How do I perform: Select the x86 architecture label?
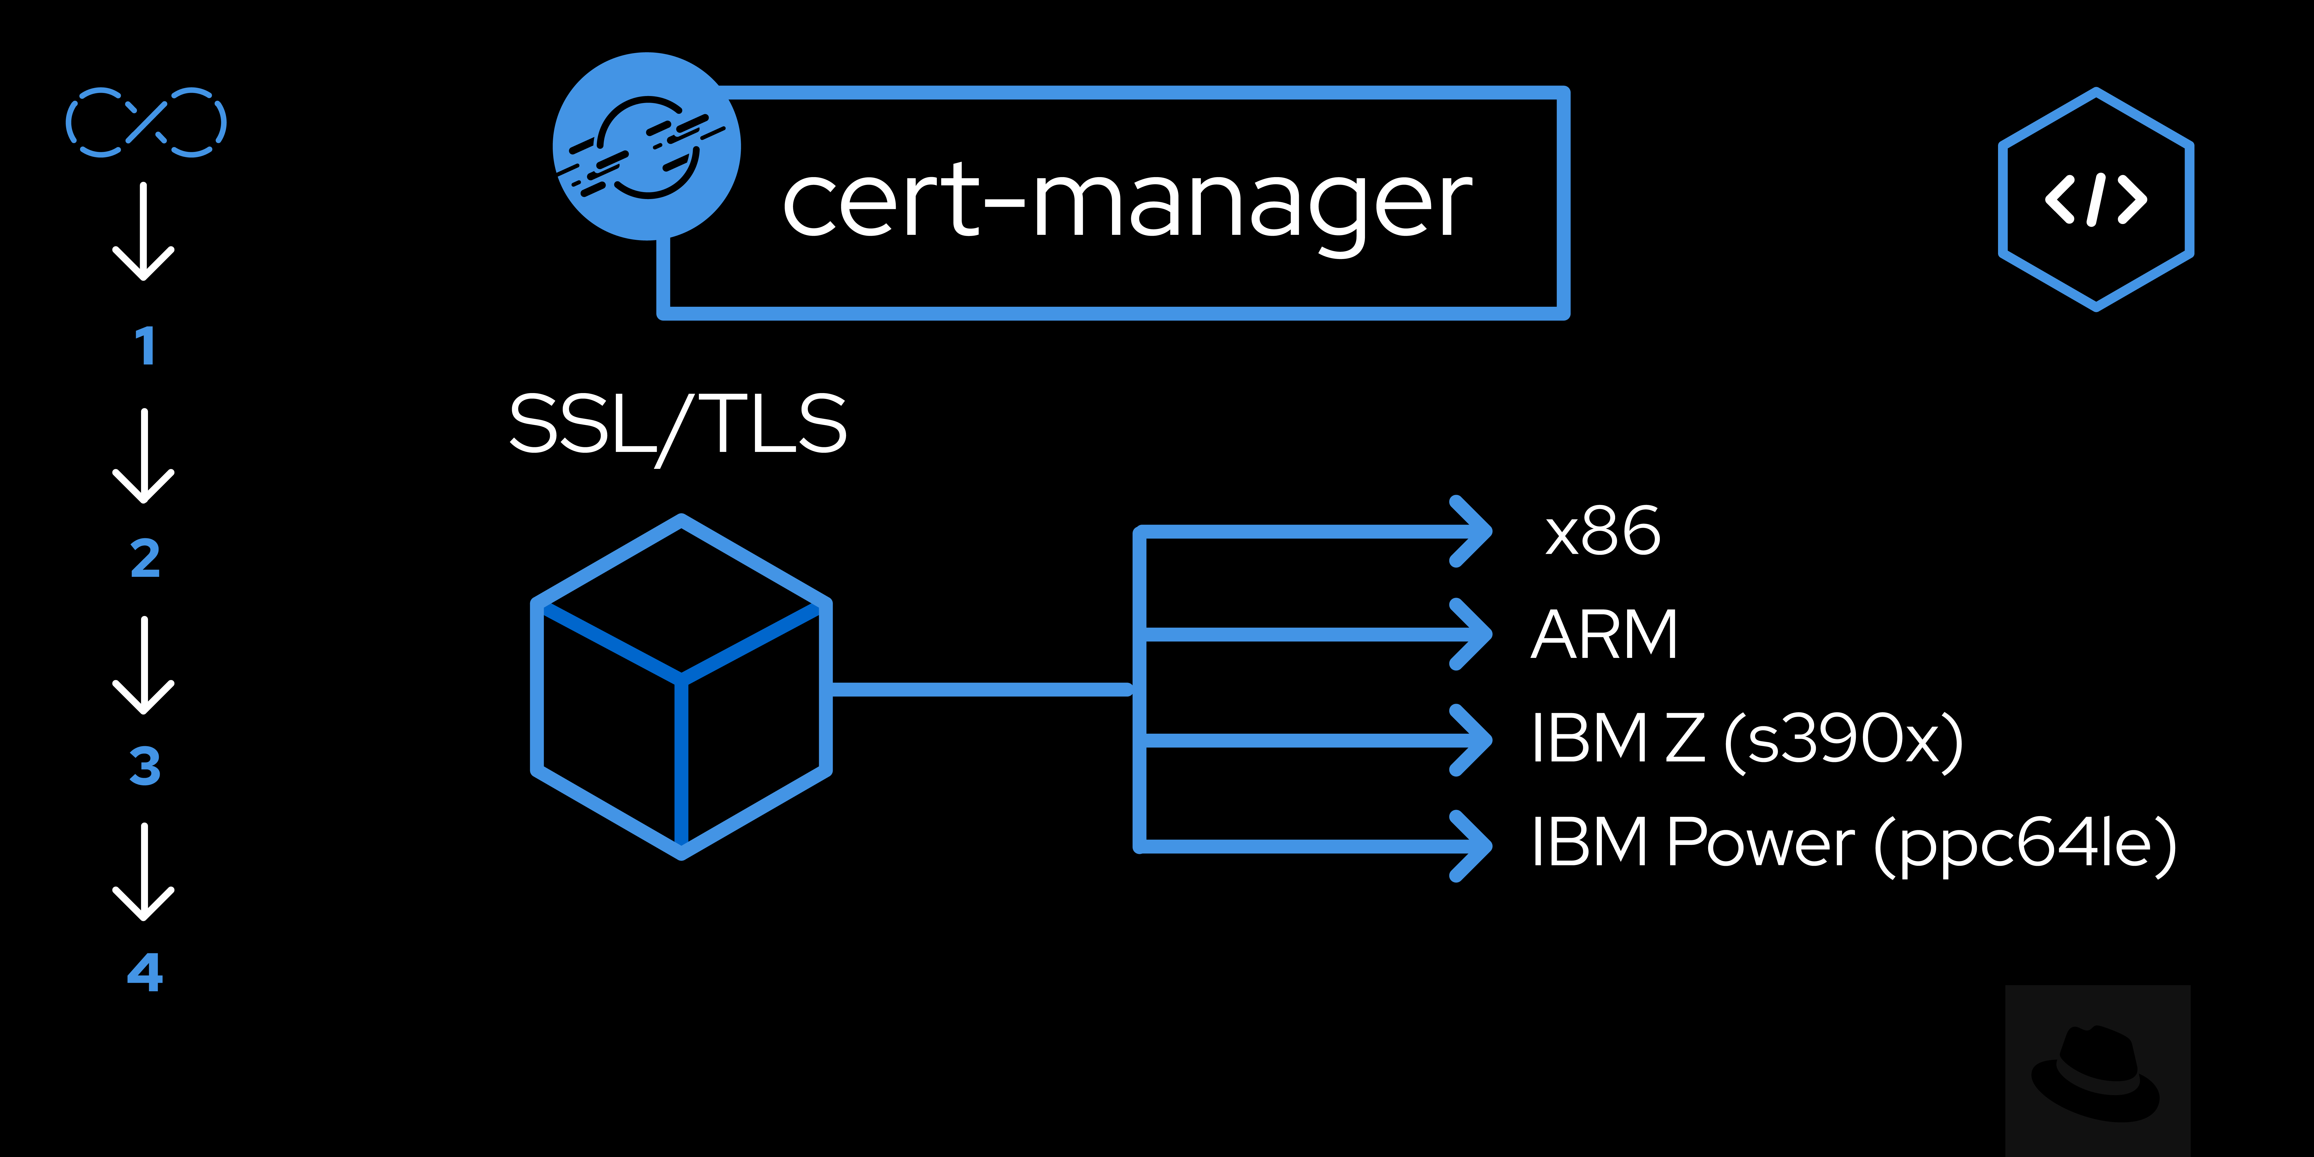point(1603,532)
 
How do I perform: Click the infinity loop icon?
point(145,122)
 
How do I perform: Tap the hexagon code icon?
point(2096,199)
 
